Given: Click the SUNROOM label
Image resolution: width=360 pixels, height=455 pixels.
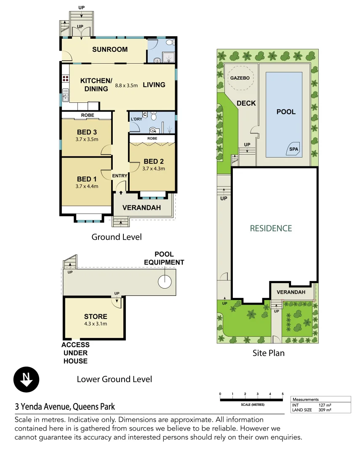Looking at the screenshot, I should (x=110, y=49).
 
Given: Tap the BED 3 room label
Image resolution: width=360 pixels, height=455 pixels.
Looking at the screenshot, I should (x=87, y=132).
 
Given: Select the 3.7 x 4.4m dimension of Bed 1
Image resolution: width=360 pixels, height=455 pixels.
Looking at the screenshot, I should (x=87, y=186).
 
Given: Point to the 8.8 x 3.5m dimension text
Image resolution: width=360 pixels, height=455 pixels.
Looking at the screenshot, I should (x=126, y=86).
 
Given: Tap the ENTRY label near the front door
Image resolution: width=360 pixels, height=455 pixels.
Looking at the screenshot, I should (x=120, y=176).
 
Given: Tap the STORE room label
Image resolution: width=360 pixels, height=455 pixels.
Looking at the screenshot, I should (x=96, y=316).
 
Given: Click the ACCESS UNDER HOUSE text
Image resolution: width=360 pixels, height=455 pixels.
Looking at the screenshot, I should (x=76, y=353).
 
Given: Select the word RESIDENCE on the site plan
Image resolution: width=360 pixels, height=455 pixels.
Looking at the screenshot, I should (x=271, y=228).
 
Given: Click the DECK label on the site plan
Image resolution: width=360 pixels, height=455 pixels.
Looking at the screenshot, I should (x=246, y=103).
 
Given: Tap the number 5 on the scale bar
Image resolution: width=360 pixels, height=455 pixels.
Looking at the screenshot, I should (x=283, y=393).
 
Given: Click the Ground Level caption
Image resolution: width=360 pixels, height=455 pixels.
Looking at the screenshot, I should (x=117, y=237).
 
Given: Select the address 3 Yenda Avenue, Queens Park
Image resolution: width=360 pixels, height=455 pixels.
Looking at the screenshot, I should (x=65, y=407).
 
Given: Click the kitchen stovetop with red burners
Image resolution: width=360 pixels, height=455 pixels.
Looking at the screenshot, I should (x=66, y=78).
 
